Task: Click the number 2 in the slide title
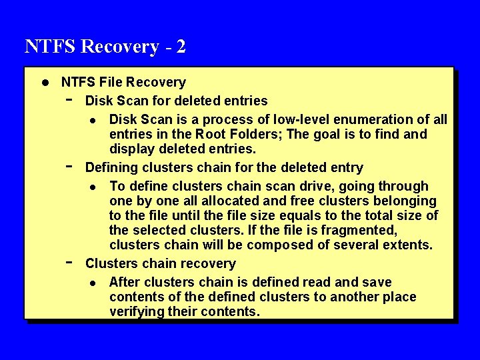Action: coord(180,47)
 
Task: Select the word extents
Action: coord(407,245)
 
